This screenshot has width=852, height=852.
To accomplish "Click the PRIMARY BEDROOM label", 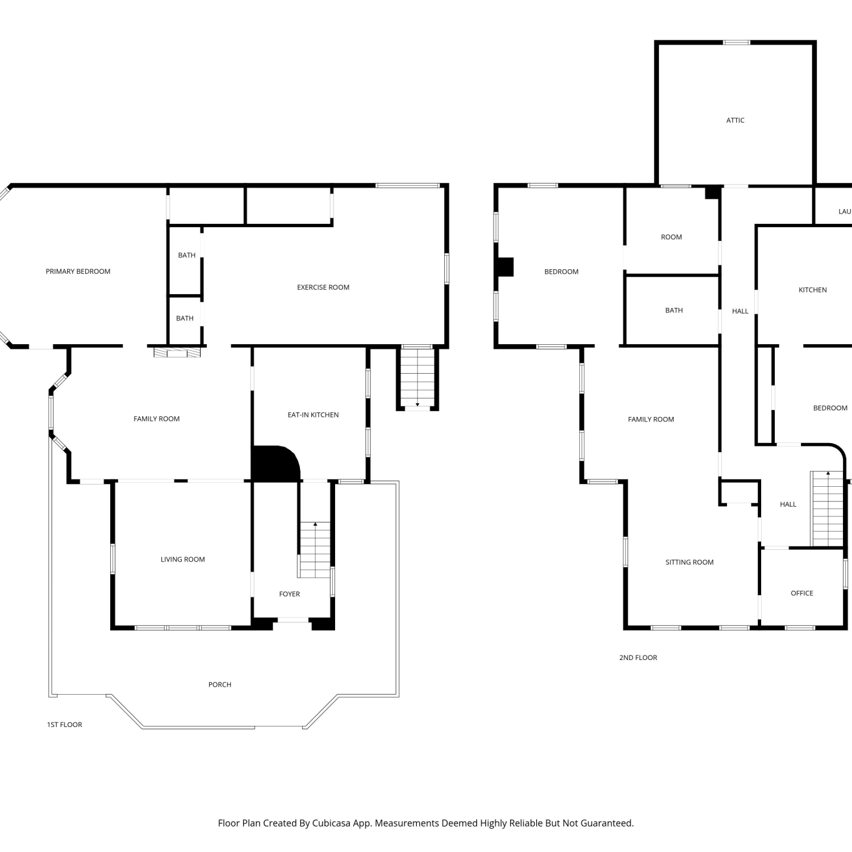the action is (78, 272).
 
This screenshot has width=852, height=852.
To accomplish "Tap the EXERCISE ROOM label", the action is (323, 287).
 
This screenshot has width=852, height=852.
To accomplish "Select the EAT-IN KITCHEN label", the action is (313, 415).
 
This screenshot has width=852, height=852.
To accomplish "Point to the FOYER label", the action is (290, 594).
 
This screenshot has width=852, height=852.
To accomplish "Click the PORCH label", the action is (220, 685).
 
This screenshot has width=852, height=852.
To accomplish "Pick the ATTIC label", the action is (736, 120).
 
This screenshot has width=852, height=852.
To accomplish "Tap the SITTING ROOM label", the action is (690, 562).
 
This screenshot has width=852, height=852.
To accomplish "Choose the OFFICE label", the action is (802, 594).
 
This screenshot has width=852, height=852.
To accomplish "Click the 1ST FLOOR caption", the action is (65, 725).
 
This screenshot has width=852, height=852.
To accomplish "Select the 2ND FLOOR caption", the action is (638, 658).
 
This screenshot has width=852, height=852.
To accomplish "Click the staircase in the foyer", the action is (315, 550).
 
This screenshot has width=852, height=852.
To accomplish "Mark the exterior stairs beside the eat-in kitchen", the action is (417, 377).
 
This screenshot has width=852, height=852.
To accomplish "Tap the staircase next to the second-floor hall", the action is (828, 508).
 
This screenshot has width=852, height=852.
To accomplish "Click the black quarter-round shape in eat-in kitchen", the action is (274, 463).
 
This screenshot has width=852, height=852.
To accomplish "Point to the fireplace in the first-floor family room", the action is (177, 353).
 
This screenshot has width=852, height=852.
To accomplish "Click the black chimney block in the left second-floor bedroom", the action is (505, 267).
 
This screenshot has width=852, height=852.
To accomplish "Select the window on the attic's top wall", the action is (736, 43).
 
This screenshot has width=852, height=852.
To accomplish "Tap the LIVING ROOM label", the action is (183, 559).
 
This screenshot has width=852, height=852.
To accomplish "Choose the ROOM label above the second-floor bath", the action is (671, 237).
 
